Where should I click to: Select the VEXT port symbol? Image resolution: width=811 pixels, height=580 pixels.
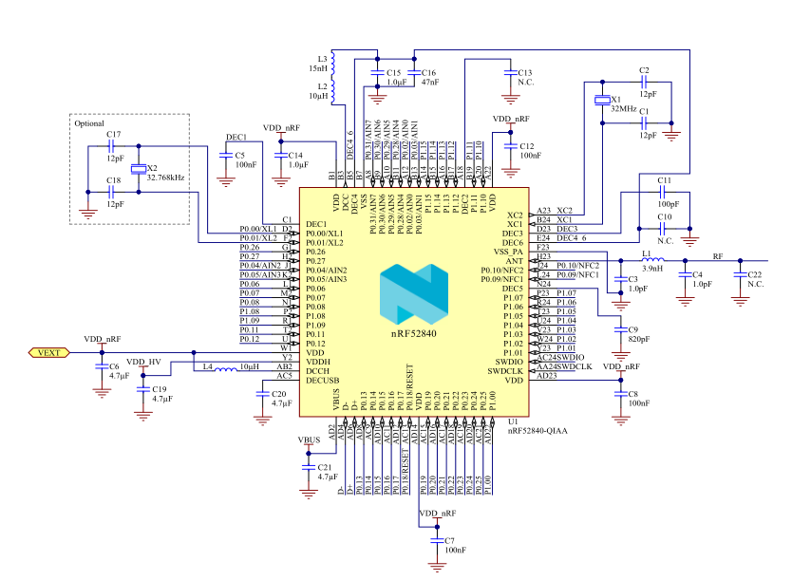(x=47, y=352)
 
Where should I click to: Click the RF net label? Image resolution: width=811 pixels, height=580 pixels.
(x=717, y=257)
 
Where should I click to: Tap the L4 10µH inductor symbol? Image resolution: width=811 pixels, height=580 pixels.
(x=223, y=367)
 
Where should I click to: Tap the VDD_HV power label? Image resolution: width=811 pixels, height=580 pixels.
(x=143, y=362)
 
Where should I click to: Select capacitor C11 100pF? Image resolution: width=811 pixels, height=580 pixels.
(x=662, y=192)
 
